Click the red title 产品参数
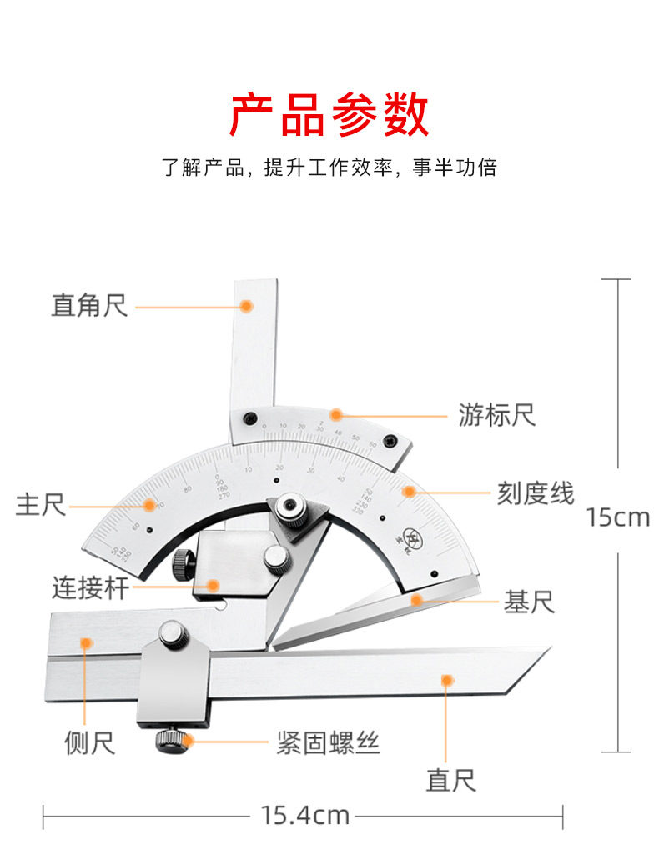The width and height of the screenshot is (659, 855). tap(329, 115)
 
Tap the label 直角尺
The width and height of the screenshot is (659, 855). tap(89, 306)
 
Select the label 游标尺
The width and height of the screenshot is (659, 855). tap(496, 414)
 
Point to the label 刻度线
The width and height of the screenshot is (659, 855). tap(536, 492)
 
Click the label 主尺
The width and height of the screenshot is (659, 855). tap(40, 504)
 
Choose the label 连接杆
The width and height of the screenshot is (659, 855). tap(90, 588)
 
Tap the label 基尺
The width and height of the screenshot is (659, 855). tap(528, 601)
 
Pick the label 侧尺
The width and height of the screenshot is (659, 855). tap(90, 742)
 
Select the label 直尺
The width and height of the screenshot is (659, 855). tap(450, 781)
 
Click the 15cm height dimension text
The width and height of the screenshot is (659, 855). tap(617, 517)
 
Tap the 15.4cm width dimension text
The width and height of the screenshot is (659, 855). tap(304, 814)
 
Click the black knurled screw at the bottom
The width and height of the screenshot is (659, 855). tap(171, 741)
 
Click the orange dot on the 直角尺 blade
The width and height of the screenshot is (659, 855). tap(246, 306)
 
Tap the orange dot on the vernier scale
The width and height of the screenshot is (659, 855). tap(335, 414)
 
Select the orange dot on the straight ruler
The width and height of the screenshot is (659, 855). tap(447, 681)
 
